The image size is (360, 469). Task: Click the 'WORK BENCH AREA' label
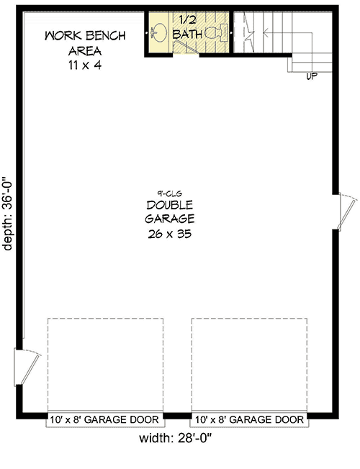[x=85, y=42]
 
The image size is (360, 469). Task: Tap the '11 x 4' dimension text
[x=85, y=64]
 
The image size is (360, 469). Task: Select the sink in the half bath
[x=160, y=32]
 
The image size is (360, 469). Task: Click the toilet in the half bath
[x=214, y=32]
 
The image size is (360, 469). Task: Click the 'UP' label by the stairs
[x=312, y=75]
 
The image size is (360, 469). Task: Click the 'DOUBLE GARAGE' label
[x=170, y=211]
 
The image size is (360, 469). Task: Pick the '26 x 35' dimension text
[x=170, y=234]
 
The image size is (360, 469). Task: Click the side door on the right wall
[x=343, y=210]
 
